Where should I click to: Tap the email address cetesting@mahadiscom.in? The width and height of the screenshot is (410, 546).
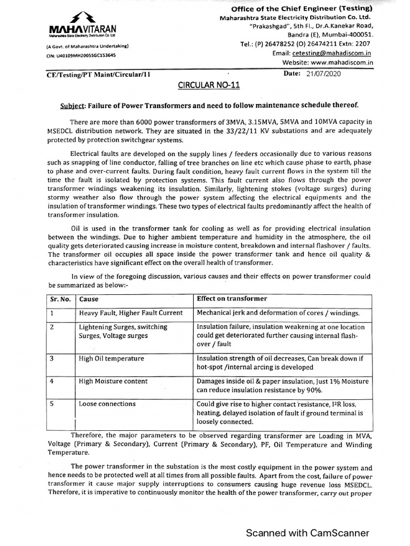coord(332,54)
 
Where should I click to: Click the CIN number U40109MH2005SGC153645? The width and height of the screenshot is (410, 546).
coord(80,55)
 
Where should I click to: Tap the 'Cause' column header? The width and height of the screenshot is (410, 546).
coord(89,299)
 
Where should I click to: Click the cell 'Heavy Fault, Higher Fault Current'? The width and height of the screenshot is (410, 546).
coord(131,313)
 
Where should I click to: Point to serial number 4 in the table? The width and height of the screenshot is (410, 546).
coord(52,381)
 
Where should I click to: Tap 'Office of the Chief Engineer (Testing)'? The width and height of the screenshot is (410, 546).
coord(302,9)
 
